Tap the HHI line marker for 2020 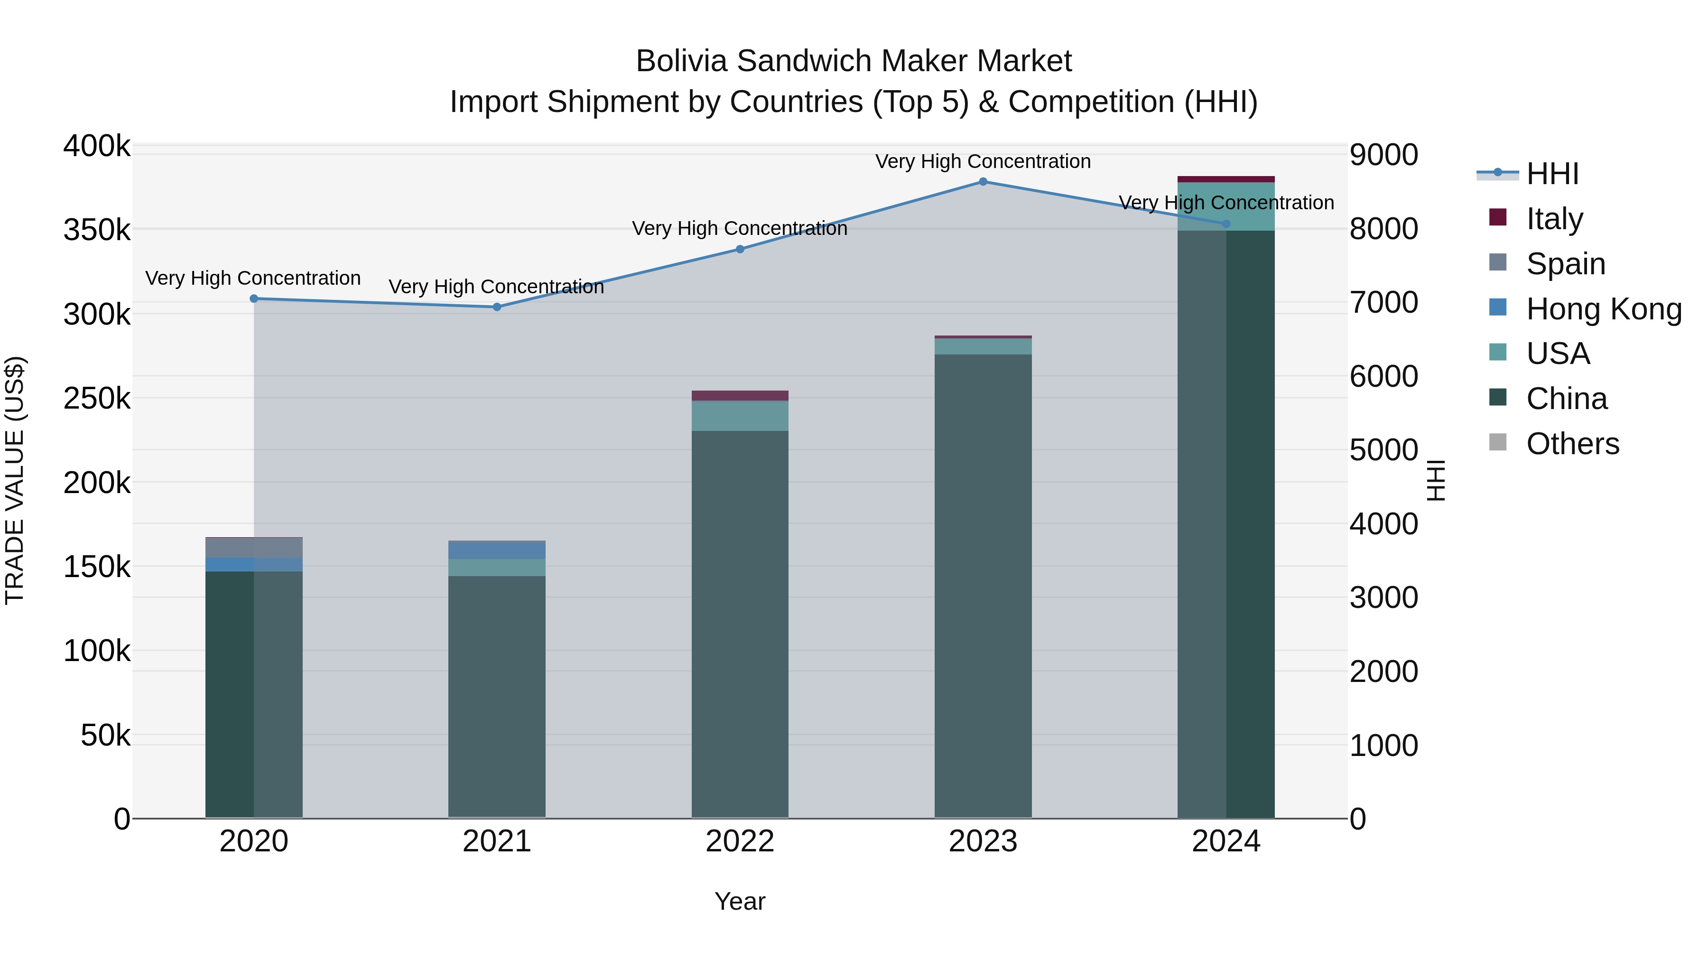tap(254, 299)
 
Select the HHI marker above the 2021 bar tap(497, 307)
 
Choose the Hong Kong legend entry tap(1603, 308)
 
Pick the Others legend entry tap(1572, 444)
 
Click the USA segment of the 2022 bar tap(740, 416)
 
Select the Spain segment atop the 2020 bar tap(254, 547)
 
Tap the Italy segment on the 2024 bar tap(1225, 179)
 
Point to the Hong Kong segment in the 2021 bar tap(497, 550)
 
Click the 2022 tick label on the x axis tap(740, 841)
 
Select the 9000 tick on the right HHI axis tap(1384, 155)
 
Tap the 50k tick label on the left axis tap(105, 735)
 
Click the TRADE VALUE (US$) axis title tap(15, 480)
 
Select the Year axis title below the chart tap(740, 901)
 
